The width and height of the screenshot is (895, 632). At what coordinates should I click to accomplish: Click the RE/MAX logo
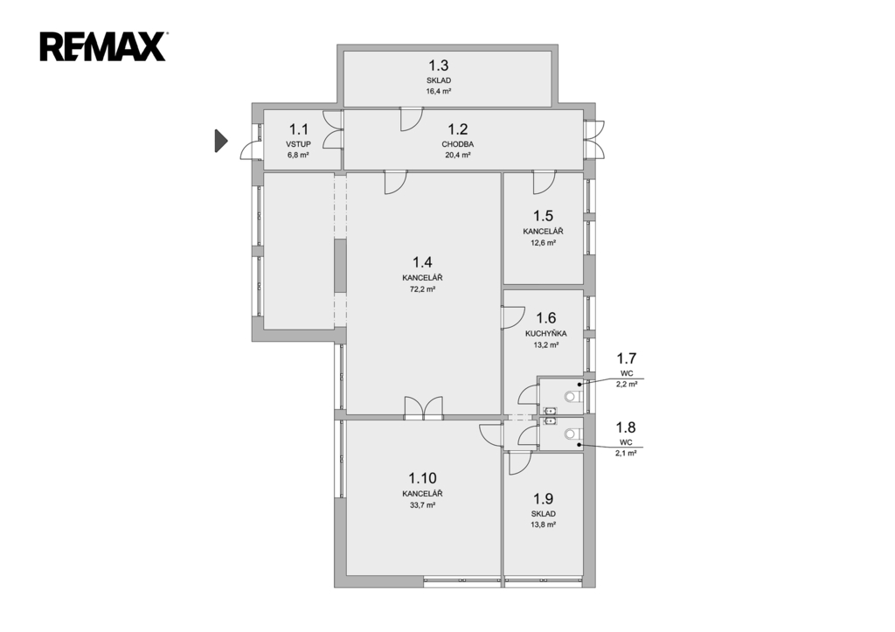[x=103, y=47]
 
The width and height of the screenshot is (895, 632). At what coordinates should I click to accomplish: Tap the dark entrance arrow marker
[x=221, y=141]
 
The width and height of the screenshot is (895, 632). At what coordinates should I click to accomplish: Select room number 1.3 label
[x=439, y=65]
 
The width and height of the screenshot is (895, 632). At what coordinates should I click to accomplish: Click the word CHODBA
[x=458, y=144]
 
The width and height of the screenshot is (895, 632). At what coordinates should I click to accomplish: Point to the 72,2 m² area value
[x=422, y=288]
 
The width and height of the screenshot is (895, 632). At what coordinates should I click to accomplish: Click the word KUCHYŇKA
[x=545, y=333]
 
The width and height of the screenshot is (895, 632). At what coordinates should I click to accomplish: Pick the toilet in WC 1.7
[x=572, y=396]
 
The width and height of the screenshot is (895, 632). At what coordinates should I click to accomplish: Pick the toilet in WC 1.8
[x=572, y=434]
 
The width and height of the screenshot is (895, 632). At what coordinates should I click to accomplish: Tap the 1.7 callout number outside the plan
[x=626, y=358]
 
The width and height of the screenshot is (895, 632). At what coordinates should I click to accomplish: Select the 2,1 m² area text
[x=626, y=453]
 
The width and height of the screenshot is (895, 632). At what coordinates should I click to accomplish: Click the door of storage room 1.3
[x=411, y=119]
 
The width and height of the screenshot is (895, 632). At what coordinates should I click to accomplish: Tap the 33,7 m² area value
[x=422, y=504]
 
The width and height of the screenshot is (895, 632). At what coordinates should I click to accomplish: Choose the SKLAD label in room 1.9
[x=544, y=514]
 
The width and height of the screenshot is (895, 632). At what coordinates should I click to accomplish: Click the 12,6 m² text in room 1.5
[x=544, y=243]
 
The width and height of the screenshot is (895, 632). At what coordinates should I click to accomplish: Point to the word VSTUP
[x=299, y=144]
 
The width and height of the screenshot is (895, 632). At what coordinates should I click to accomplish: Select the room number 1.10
[x=422, y=478]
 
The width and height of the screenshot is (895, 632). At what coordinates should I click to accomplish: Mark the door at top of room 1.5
[x=544, y=182]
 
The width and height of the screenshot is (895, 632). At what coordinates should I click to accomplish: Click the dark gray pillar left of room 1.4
[x=340, y=266]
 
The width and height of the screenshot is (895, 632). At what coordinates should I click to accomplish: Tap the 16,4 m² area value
[x=439, y=91]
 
